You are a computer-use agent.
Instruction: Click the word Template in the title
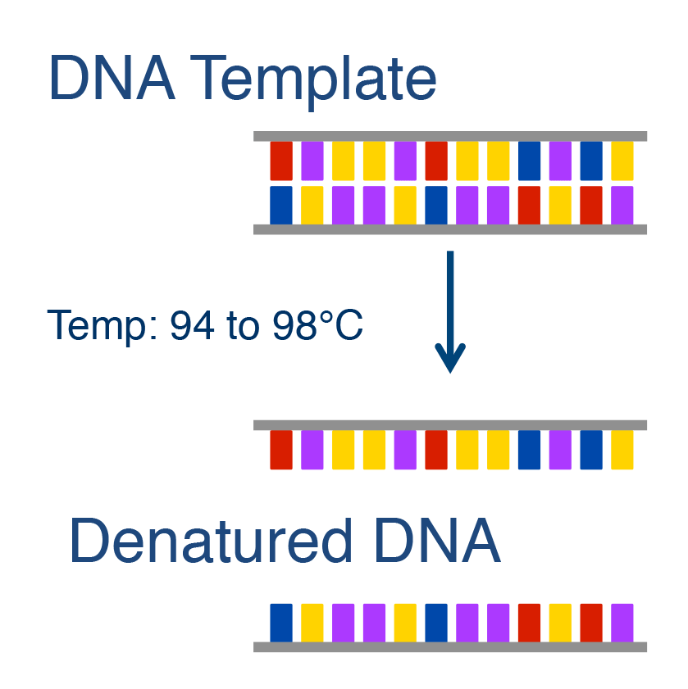(x=313, y=80)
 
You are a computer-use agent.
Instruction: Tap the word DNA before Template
(x=112, y=78)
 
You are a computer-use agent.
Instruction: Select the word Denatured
(x=211, y=540)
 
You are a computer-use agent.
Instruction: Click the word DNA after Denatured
(x=438, y=540)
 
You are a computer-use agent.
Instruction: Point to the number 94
(x=192, y=325)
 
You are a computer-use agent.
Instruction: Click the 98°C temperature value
(x=317, y=325)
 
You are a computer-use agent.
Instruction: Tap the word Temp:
(x=102, y=328)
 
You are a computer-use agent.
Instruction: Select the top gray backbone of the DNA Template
(x=450, y=136)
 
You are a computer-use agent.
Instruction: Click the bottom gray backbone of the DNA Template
(x=450, y=229)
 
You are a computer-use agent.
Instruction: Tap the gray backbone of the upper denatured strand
(x=450, y=425)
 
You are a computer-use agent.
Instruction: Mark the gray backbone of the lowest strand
(x=450, y=647)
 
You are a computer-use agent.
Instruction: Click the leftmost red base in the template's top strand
(x=281, y=161)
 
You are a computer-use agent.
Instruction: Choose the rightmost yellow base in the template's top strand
(x=622, y=161)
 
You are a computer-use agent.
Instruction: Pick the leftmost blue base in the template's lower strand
(x=281, y=205)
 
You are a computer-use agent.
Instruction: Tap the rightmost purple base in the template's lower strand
(x=622, y=205)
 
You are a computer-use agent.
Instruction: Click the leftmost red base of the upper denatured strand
(x=281, y=450)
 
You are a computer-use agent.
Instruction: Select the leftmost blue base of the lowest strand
(x=281, y=623)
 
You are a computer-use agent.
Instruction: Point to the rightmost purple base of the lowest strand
(x=622, y=623)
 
